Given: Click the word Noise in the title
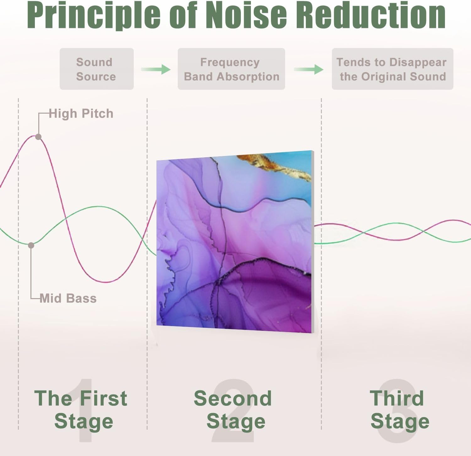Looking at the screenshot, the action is [x=247, y=15].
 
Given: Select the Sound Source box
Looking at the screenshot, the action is [x=97, y=69].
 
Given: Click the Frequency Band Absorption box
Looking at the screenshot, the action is [x=231, y=69].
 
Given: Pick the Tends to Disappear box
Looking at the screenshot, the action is [x=392, y=69].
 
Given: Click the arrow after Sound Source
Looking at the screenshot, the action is [x=156, y=69].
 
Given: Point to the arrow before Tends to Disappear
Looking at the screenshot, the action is [x=309, y=69].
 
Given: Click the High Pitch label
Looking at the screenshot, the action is [x=81, y=114].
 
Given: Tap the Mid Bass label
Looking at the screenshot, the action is [x=68, y=298].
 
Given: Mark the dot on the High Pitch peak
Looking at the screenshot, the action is [x=38, y=137].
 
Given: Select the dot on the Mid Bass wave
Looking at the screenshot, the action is [x=31, y=245].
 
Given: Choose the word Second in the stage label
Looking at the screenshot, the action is [x=233, y=398].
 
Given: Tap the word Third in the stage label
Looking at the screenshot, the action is [x=397, y=398].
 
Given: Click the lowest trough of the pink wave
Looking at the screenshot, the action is [x=107, y=282].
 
